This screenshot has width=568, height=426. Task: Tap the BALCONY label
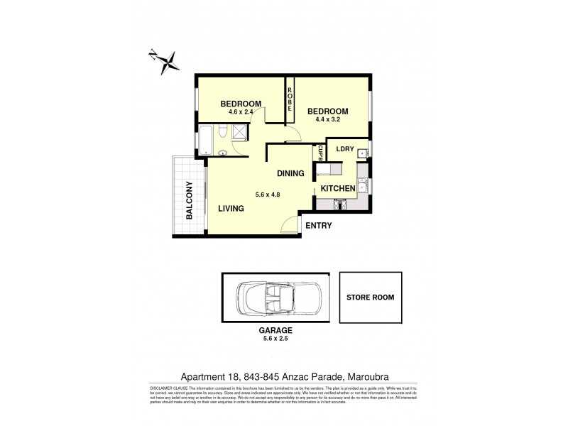(x=190, y=202)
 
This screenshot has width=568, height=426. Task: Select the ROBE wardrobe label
(x=290, y=97)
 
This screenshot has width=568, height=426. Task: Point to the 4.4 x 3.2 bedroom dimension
(x=328, y=119)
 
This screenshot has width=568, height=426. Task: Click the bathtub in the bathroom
(x=207, y=139)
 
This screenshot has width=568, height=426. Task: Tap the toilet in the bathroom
(x=222, y=133)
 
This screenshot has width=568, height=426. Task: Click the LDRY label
(x=345, y=148)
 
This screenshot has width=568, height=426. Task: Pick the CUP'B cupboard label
(x=320, y=153)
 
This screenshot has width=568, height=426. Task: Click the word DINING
(x=290, y=173)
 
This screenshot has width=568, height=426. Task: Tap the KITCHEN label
(x=337, y=189)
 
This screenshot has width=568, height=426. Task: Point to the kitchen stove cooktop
(x=339, y=204)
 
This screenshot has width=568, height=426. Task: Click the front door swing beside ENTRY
(x=290, y=226)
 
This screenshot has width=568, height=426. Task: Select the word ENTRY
(x=317, y=226)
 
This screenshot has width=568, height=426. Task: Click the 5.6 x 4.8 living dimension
(x=269, y=190)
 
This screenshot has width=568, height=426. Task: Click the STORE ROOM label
(x=370, y=297)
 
